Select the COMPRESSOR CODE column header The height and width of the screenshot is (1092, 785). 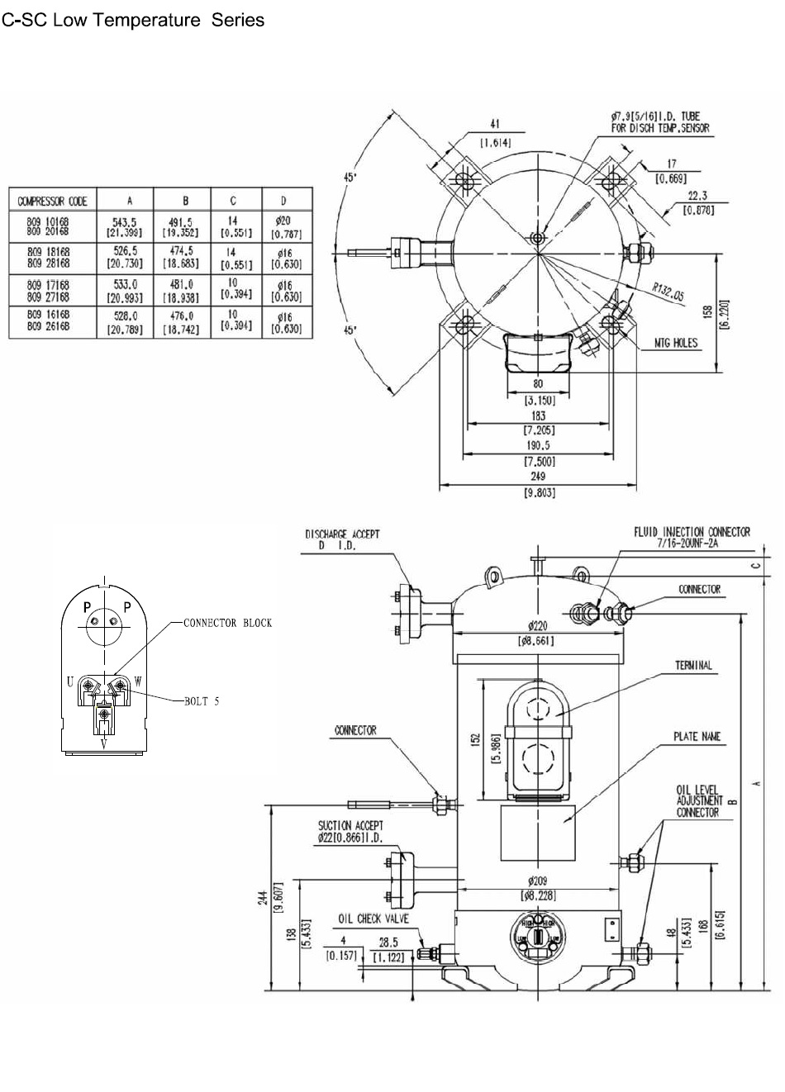[x=53, y=201]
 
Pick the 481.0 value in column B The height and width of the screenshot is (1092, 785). [x=186, y=285]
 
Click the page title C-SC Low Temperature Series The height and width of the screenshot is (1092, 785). [x=133, y=20]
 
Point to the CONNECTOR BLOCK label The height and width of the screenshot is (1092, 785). [x=227, y=623]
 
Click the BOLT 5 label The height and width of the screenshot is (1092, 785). [x=202, y=701]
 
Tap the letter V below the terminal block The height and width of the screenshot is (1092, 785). [x=104, y=743]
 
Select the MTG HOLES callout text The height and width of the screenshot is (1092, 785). [x=675, y=343]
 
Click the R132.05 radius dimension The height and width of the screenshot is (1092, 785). [x=667, y=292]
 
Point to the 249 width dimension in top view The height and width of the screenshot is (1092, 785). [x=538, y=477]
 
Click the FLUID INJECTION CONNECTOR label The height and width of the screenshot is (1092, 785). [x=692, y=532]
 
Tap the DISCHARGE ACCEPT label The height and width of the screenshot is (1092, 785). [x=342, y=534]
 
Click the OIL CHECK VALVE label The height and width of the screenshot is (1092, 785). [x=373, y=919]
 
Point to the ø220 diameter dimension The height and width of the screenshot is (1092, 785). [x=538, y=626]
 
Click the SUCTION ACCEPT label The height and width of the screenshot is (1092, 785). [x=350, y=825]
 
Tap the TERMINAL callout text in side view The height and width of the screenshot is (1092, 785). [x=693, y=665]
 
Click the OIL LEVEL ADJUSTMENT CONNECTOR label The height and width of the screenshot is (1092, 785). [x=697, y=801]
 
